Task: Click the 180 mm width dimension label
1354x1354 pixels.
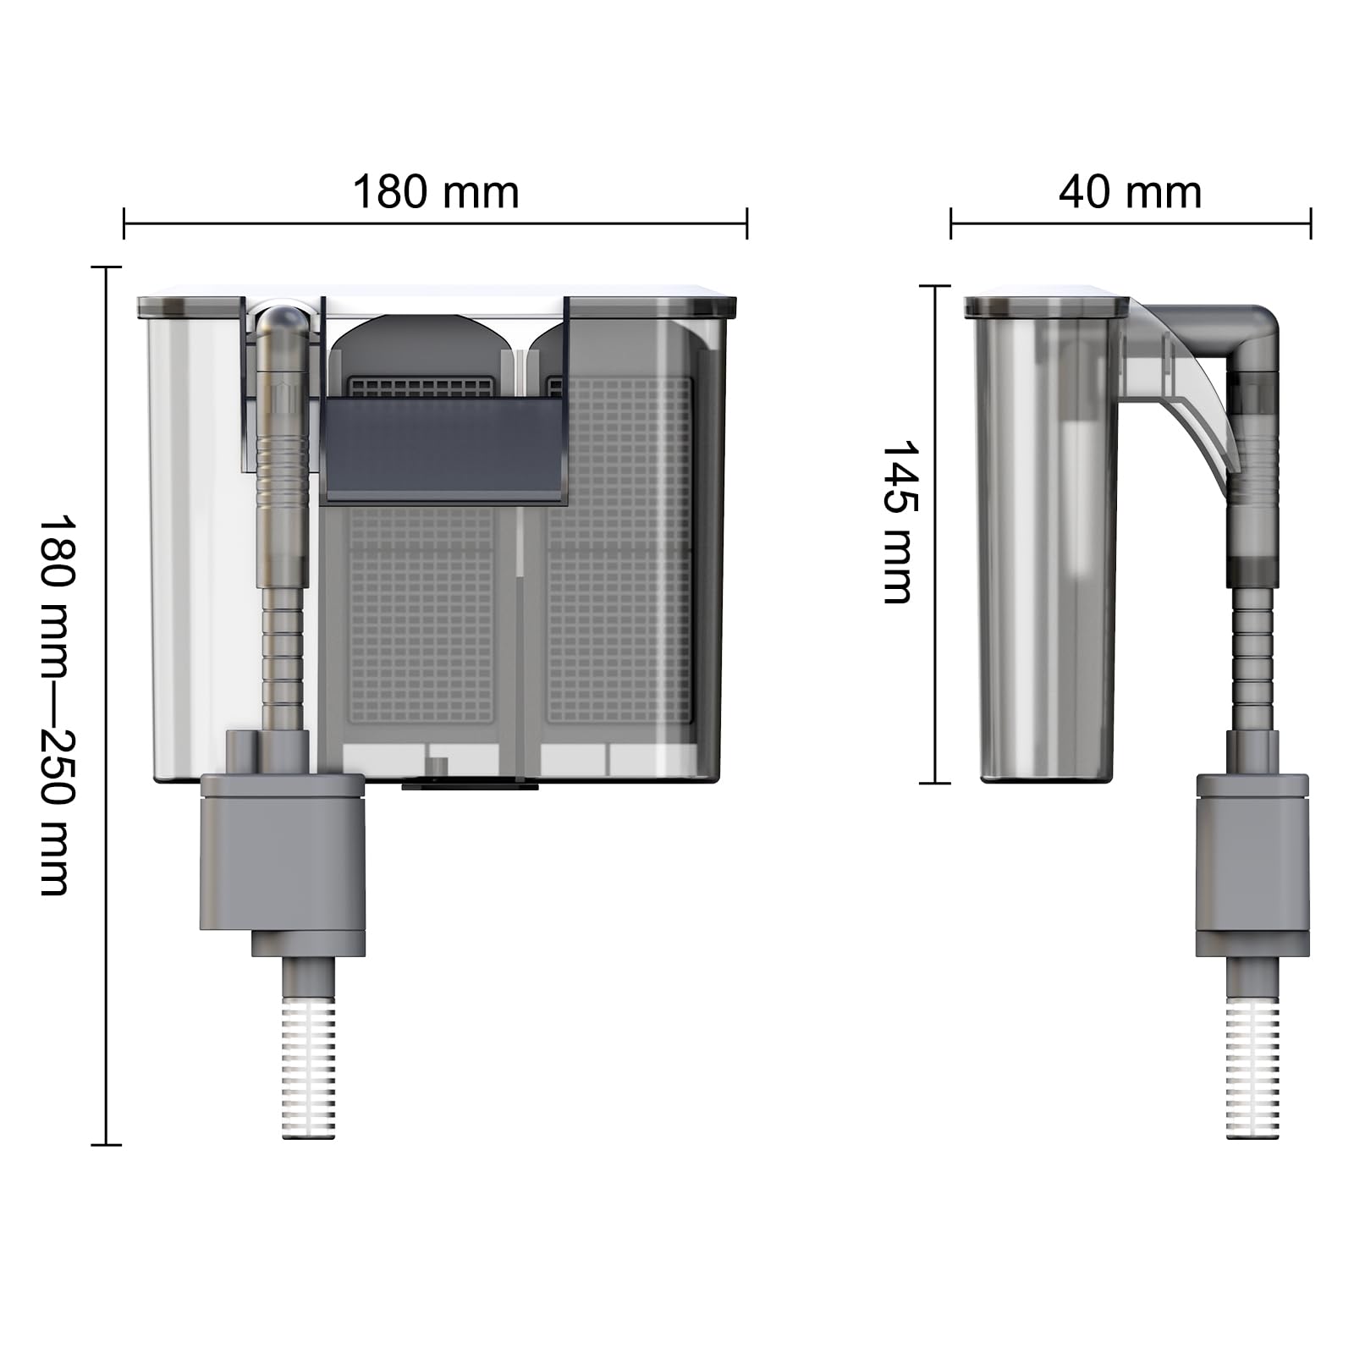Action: click(435, 192)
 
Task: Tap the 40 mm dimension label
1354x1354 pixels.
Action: click(1130, 192)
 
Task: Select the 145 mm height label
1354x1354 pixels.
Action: click(898, 521)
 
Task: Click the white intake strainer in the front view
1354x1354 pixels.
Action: click(309, 1070)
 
